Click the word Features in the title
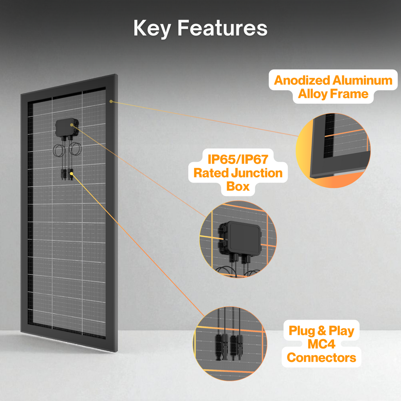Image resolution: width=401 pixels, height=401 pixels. click(x=222, y=29)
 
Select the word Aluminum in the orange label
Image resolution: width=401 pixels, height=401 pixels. click(x=362, y=80)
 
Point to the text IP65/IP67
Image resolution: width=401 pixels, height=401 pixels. click(x=238, y=160)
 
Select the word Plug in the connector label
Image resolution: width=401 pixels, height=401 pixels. click(x=302, y=331)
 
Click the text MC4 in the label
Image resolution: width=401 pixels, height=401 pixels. click(x=322, y=344)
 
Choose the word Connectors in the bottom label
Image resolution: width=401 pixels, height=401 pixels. click(x=322, y=358)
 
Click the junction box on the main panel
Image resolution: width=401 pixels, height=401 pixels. click(x=67, y=128)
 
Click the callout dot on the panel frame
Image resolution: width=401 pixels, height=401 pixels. click(x=111, y=101)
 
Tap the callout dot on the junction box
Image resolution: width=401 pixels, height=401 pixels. click(x=72, y=125)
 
